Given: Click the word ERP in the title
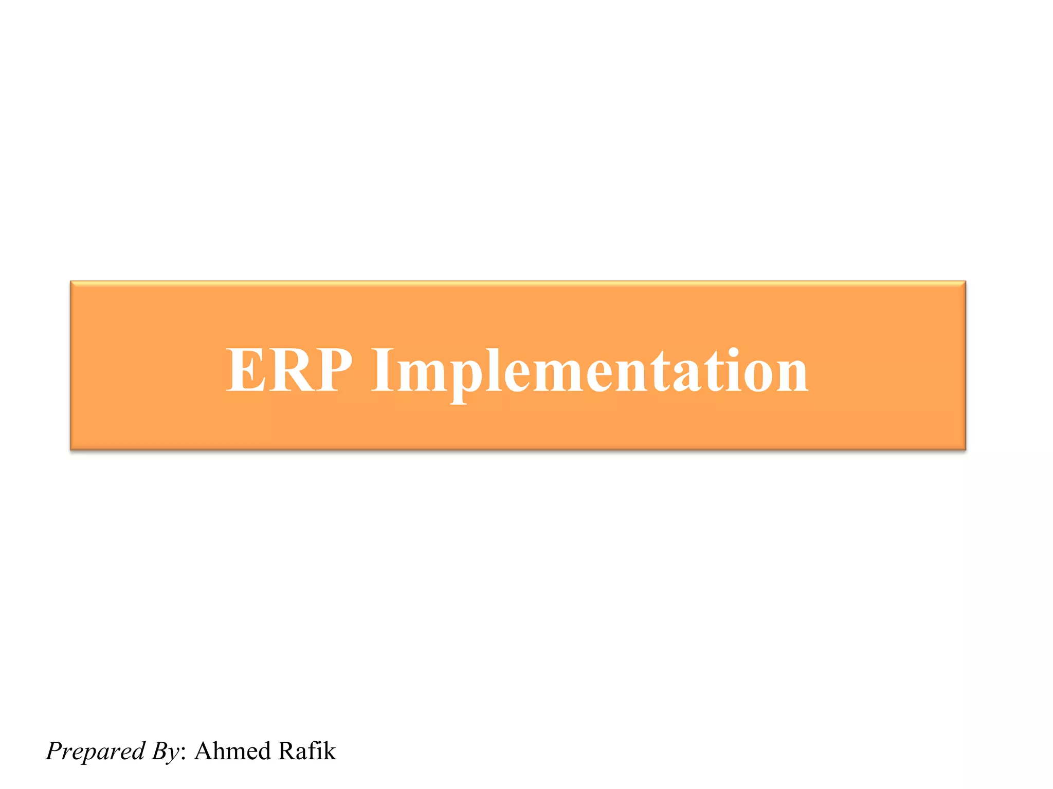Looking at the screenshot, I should (289, 369).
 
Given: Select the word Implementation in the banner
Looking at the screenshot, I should (589, 371).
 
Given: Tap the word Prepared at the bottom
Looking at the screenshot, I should (96, 751).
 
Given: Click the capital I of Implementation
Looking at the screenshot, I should (382, 369).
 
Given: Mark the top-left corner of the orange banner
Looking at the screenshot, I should (71, 282).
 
